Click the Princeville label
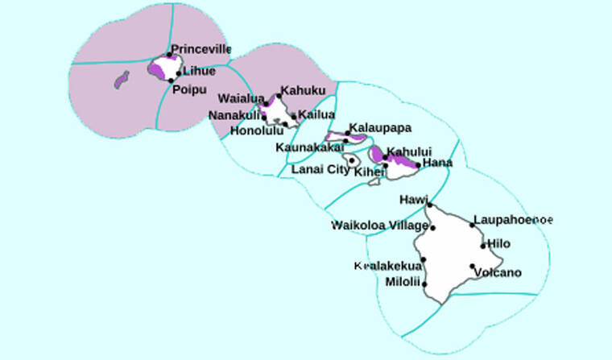click(201, 49)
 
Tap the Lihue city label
click(200, 71)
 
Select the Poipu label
click(189, 89)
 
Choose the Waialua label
click(241, 99)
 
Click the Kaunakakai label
click(310, 147)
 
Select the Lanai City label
click(320, 169)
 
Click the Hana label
click(437, 163)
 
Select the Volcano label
click(498, 272)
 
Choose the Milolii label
click(403, 281)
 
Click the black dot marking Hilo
click(484, 245)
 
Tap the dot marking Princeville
click(169, 55)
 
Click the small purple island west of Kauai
click(122, 80)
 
